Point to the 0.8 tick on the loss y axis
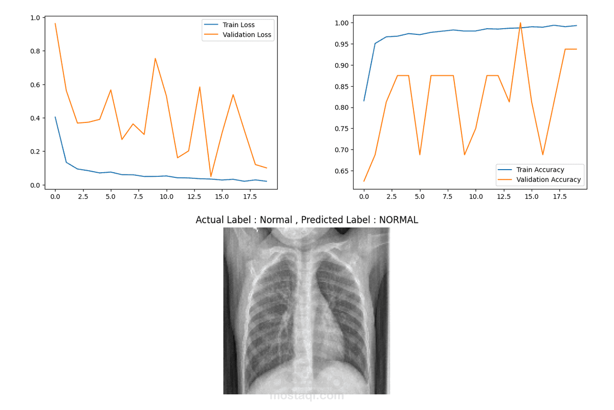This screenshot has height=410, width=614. [x=35, y=51]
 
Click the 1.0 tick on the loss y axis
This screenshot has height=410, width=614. [x=35, y=18]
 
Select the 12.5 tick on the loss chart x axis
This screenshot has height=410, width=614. [x=194, y=197]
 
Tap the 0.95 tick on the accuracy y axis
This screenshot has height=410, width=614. [x=342, y=44]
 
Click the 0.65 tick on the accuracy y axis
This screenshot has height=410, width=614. [x=342, y=171]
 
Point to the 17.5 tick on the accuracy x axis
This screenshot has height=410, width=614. [x=560, y=197]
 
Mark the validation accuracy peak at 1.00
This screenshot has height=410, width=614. [x=520, y=23]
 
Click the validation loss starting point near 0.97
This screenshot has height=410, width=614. [x=55, y=24]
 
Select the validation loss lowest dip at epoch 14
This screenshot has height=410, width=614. [x=211, y=176]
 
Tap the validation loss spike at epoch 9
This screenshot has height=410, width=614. [x=155, y=58]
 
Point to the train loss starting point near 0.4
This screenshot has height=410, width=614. [x=55, y=117]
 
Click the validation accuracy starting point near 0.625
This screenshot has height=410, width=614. [x=364, y=181]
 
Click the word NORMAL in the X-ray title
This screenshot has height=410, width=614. [x=399, y=220]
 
